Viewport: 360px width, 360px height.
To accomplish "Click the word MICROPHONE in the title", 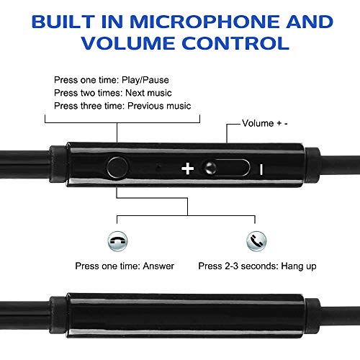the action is coord(205,22).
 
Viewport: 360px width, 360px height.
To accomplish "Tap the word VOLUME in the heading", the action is coord(128,43).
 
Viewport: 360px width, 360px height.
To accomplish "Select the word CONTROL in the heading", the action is coord(235,43).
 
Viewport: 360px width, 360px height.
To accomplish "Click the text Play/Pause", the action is coord(145,80).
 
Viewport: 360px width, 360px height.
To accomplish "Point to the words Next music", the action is coord(148,93).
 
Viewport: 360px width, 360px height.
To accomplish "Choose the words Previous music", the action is coord(159,106).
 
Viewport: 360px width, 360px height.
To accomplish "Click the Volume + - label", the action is coord(265,123).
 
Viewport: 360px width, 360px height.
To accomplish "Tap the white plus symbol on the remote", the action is coord(188,168).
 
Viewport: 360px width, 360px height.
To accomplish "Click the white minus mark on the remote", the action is coord(261,169).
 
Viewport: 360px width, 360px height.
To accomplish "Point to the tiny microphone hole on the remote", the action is coord(158,166).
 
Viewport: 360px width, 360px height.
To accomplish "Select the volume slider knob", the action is coord(210,168).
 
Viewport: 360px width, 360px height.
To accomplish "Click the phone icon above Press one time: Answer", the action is coord(117,241).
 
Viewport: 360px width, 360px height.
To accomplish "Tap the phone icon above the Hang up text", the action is coord(256,241).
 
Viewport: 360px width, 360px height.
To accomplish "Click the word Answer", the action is coord(158,266).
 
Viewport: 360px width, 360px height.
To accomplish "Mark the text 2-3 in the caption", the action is coord(232,266).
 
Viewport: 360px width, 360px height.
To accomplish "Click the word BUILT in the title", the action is coord(63,22).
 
